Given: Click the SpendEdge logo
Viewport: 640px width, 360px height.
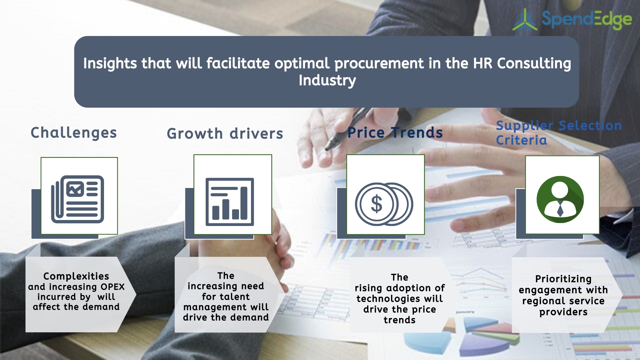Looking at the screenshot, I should pos(572,19).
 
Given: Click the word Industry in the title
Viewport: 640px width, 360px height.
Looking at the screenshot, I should pos(327,80).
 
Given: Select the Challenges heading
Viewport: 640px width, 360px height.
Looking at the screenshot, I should pos(74,133).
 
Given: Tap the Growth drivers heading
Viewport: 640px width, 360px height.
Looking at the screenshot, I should pos(225,134).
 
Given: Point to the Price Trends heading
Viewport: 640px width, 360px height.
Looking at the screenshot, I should pos(395,133).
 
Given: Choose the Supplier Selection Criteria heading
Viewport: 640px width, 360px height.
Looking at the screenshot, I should pos(558,133).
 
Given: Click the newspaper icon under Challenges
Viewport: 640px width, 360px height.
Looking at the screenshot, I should pos(78,199).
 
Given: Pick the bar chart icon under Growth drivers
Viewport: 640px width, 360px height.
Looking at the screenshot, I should pos(230,202).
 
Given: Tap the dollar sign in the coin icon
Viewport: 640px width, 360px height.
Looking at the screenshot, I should pos(377,204).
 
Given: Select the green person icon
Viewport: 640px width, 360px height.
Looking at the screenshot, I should pos(560,199).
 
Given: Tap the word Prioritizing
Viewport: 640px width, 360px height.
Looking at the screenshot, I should pos(563,279).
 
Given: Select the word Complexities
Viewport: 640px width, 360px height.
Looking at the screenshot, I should pos(76,276).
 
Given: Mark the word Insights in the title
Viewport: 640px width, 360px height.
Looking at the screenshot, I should pos(110,63).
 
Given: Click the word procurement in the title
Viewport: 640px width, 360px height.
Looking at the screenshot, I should pos(379,63).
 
